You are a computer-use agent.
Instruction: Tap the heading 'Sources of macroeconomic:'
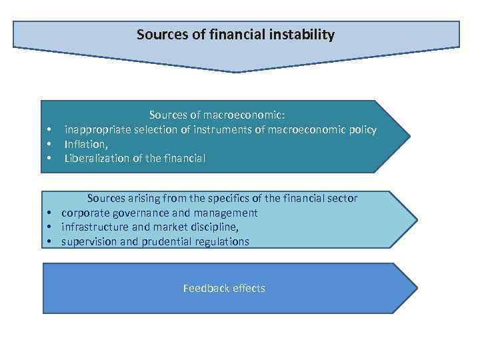217,115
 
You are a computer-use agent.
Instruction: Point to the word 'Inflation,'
86,144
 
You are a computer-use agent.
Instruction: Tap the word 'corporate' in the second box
84,213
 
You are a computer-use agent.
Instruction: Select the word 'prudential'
165,241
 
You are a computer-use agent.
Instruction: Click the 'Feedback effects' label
224,288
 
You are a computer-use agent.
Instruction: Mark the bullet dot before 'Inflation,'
49,145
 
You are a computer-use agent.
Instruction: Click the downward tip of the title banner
235,71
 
